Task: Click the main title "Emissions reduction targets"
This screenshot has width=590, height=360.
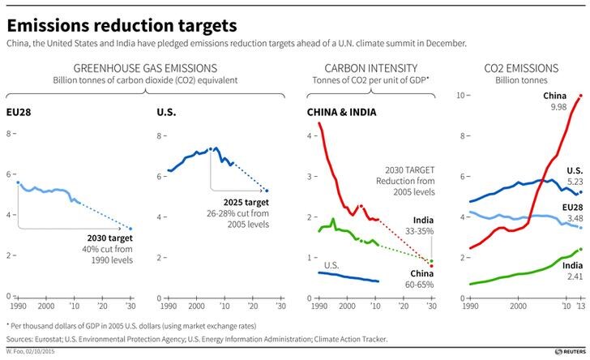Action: click(x=122, y=26)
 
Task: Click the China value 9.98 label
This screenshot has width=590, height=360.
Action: click(x=558, y=107)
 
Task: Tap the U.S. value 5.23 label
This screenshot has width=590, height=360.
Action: click(x=575, y=182)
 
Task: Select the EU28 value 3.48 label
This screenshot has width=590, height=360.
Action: click(x=575, y=218)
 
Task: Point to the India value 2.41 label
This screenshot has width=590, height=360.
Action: click(x=575, y=276)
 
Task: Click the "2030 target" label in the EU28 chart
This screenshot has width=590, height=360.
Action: click(x=110, y=238)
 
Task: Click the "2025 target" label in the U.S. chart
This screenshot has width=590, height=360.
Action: click(x=246, y=202)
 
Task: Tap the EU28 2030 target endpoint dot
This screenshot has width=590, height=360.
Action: click(x=130, y=229)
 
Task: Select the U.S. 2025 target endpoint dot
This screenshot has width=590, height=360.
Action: click(x=267, y=191)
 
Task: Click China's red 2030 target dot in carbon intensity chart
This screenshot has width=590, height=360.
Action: click(x=431, y=266)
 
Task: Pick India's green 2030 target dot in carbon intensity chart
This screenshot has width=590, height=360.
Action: click(x=431, y=261)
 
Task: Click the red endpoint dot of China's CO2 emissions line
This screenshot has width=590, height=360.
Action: click(x=580, y=96)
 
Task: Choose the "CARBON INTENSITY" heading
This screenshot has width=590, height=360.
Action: click(x=371, y=68)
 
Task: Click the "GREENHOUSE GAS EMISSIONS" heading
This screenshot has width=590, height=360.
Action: click(x=145, y=68)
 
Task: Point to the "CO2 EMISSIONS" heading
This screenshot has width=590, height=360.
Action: click(x=521, y=68)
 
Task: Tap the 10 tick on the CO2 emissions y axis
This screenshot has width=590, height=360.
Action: click(x=460, y=96)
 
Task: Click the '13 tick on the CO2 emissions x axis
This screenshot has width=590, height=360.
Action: click(x=580, y=306)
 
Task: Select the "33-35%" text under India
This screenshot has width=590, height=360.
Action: click(x=420, y=231)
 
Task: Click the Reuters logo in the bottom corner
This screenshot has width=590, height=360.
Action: click(x=571, y=351)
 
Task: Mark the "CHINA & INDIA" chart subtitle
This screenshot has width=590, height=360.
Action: click(x=342, y=112)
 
